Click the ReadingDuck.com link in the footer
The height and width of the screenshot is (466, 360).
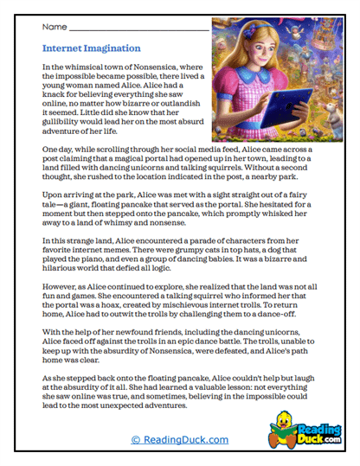(180, 438)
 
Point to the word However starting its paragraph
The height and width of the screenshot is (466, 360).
(59, 283)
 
